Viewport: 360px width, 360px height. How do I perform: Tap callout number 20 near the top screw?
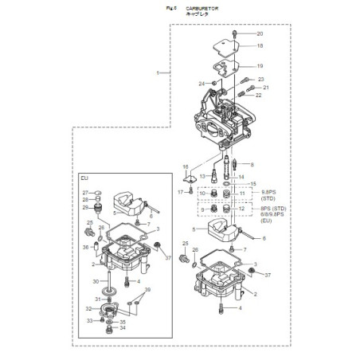[x=259, y=34]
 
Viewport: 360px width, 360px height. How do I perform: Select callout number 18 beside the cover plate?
[x=259, y=46]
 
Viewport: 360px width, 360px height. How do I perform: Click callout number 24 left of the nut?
[x=202, y=84]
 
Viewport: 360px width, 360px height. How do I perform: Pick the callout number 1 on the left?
[x=158, y=72]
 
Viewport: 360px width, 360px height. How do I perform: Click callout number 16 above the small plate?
[x=185, y=166]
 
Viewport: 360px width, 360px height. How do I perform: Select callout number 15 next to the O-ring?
[x=254, y=184]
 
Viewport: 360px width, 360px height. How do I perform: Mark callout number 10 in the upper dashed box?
[x=202, y=194]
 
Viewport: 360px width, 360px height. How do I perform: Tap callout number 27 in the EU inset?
[x=85, y=193]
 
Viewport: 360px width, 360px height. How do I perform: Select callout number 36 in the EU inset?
[x=85, y=247]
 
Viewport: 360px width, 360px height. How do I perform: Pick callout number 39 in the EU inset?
[x=147, y=291]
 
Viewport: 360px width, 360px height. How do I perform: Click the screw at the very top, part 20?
[x=237, y=33]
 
